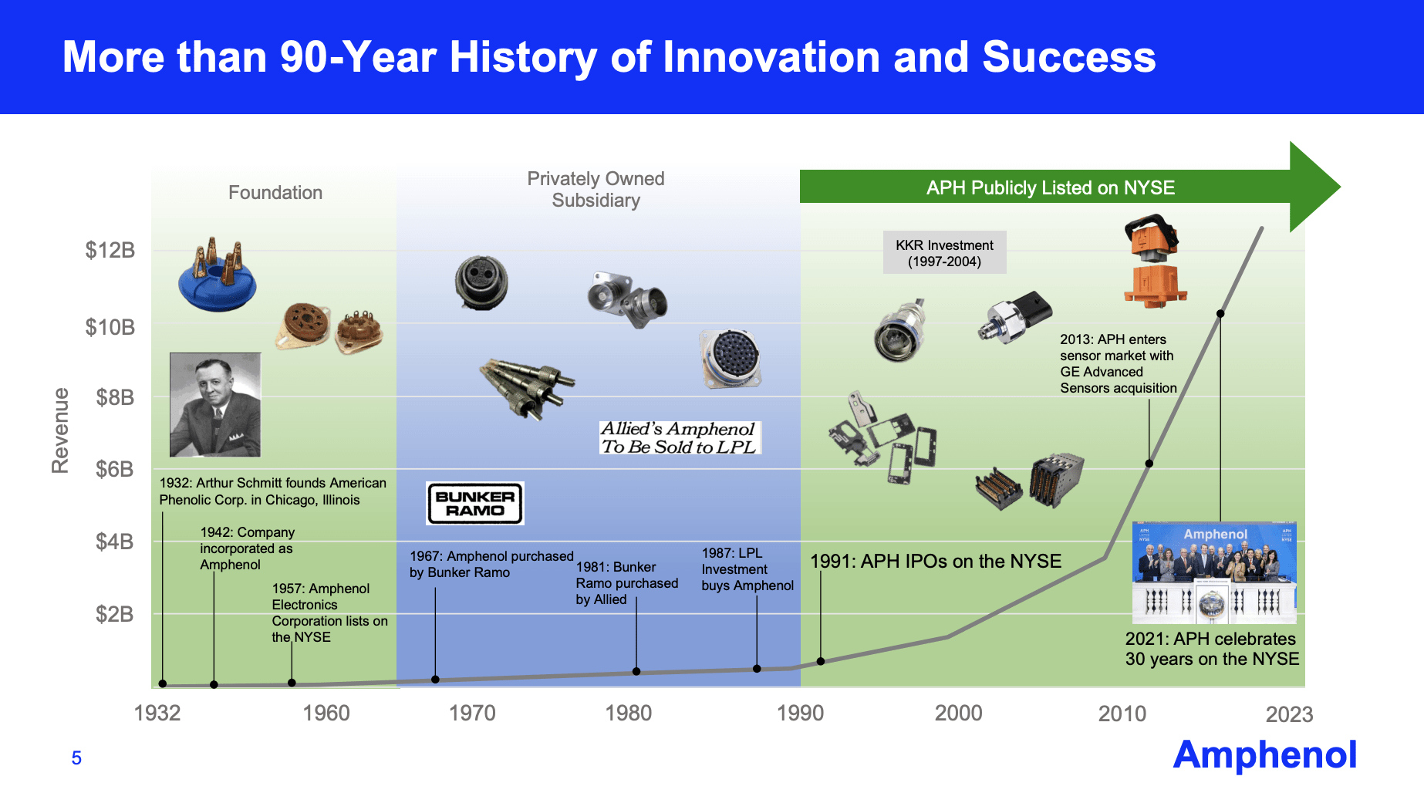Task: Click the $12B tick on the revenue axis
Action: [110, 250]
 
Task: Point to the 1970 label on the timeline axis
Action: [472, 713]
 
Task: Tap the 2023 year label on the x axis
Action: [1289, 714]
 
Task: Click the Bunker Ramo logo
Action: [475, 503]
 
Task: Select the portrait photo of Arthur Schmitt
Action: [215, 405]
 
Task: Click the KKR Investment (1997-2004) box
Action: [944, 252]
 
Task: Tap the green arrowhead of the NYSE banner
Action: [1314, 187]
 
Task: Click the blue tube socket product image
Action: [217, 275]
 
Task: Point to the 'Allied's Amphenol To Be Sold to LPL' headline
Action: [679, 437]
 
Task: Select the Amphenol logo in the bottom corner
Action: [1264, 754]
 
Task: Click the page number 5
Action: [76, 758]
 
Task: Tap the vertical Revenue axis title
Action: [60, 430]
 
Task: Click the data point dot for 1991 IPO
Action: [821, 661]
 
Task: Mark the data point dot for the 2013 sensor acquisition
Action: [1149, 464]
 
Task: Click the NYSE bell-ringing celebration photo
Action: [1214, 572]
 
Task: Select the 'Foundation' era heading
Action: [275, 193]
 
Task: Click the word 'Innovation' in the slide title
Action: [772, 57]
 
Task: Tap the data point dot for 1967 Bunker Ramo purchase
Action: [435, 680]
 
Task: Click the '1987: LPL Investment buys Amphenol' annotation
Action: [747, 569]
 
